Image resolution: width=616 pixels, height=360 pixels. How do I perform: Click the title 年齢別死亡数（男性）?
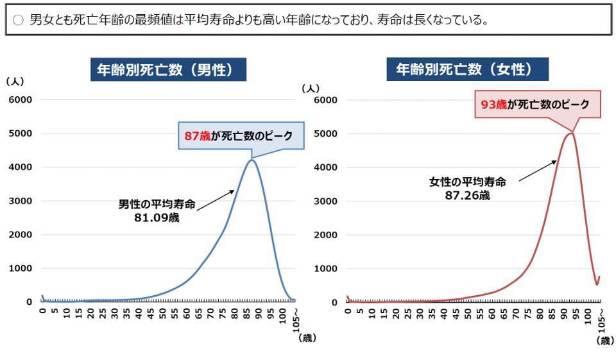(x=167, y=70)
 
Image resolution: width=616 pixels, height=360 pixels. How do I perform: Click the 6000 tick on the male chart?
(x=20, y=99)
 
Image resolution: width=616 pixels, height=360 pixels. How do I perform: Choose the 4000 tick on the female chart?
(x=325, y=167)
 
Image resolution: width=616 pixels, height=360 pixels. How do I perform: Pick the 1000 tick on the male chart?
(x=20, y=268)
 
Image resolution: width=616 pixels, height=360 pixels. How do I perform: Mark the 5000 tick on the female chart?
(x=325, y=133)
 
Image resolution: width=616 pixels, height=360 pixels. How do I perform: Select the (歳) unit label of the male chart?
(x=307, y=338)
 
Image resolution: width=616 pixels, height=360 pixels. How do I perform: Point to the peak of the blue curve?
(x=252, y=160)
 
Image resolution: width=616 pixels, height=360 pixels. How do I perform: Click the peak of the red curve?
(x=570, y=133)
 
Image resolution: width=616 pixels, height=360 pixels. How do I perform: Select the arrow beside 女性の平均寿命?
(x=538, y=171)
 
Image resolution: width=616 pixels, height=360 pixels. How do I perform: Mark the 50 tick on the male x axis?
(x=162, y=314)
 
